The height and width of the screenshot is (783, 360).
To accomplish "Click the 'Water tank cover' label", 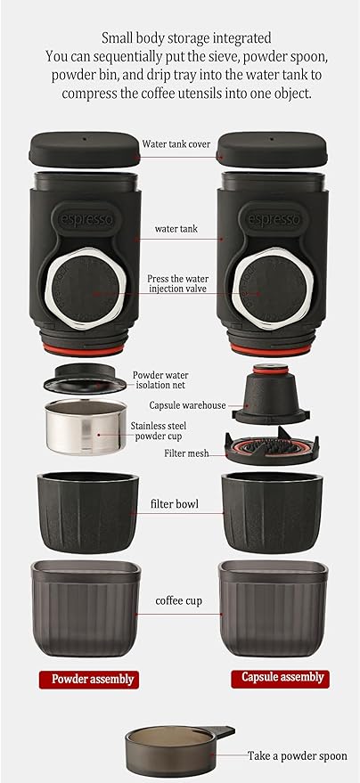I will pyautogui.click(x=177, y=143).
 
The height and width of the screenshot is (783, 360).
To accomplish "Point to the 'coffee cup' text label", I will pyautogui.click(x=178, y=600).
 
